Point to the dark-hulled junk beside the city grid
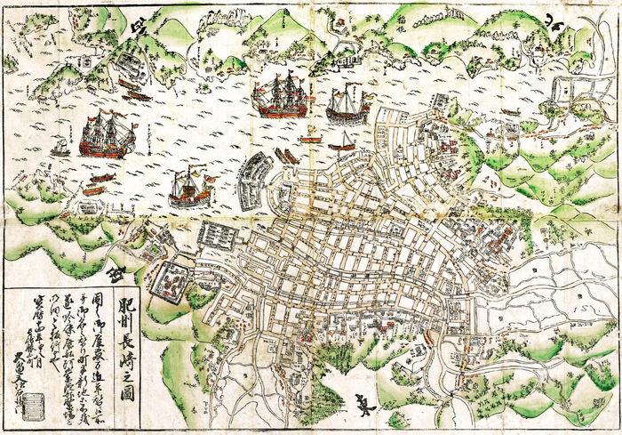point(347,105)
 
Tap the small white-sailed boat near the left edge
point(60,147)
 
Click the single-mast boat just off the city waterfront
point(341,140)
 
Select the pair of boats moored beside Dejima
point(286,156)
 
